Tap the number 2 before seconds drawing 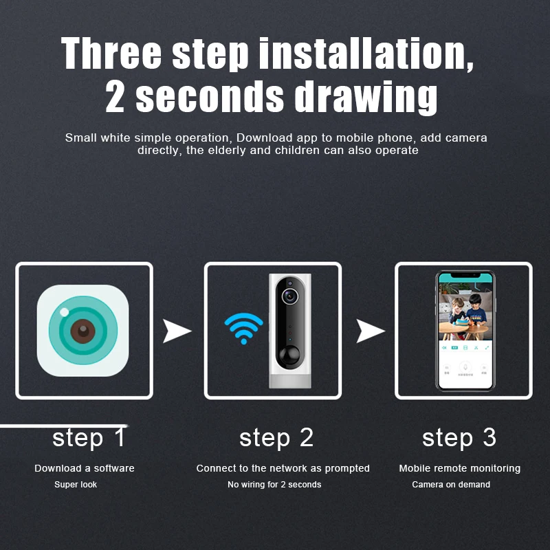click(115, 96)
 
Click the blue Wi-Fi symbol click(244, 329)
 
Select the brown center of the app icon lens click(83, 331)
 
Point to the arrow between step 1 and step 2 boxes click(177, 331)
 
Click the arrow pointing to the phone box click(370, 331)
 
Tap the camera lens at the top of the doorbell click(289, 296)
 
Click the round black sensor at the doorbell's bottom click(289, 355)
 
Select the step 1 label click(89, 438)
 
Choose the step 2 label click(276, 438)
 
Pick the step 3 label click(459, 438)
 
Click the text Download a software click(85, 468)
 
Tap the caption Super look click(76, 485)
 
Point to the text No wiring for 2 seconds click(274, 485)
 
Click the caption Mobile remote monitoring click(460, 468)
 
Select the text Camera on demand click(451, 485)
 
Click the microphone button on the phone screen click(465, 368)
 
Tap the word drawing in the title click(366, 97)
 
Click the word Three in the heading click(111, 54)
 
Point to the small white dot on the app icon click(65, 312)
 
